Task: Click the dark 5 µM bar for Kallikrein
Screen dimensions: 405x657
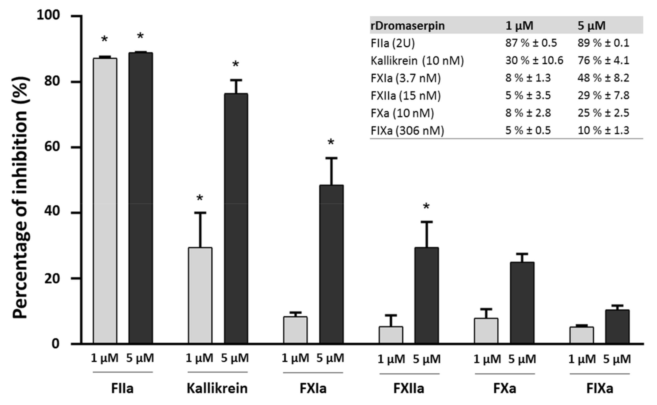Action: click(236, 218)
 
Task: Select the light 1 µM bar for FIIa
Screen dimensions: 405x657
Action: click(105, 201)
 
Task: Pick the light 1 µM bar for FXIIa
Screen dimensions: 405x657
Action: click(391, 335)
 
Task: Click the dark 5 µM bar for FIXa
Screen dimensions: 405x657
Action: click(617, 327)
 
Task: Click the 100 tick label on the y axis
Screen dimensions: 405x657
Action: click(48, 15)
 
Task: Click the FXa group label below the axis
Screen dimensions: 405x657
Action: click(504, 389)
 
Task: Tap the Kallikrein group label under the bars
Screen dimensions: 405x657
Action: click(217, 389)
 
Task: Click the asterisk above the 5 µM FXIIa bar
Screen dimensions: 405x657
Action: click(426, 207)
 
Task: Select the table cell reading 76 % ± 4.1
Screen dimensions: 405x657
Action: click(603, 61)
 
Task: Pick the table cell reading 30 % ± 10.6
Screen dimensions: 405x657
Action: click(534, 61)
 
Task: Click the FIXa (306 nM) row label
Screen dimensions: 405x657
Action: click(407, 131)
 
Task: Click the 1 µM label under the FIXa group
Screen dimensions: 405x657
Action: click(582, 359)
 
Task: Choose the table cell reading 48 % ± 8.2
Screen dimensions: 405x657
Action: click(603, 78)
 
